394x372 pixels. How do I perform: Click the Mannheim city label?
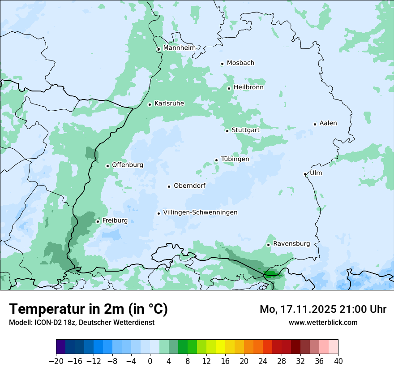(179, 48)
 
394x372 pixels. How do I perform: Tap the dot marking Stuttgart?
(227, 131)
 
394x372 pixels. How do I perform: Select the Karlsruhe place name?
(169, 104)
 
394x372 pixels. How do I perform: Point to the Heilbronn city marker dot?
(229, 88)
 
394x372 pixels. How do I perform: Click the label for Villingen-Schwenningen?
(200, 212)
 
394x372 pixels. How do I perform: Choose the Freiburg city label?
(115, 221)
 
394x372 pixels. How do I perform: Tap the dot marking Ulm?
(305, 174)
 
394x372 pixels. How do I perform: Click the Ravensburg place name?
(291, 244)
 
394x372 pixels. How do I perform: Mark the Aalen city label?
(328, 123)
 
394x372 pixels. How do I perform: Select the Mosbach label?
(240, 63)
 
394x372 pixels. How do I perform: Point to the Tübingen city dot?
(216, 160)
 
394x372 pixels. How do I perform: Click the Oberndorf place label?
(189, 186)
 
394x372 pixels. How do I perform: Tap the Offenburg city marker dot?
(107, 166)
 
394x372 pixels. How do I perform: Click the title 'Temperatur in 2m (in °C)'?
(89, 309)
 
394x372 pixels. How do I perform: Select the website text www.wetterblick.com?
(323, 322)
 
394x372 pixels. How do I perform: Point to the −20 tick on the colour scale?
(56, 361)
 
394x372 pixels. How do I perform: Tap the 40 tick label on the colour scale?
(338, 361)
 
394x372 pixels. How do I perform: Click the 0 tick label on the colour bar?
(150, 361)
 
